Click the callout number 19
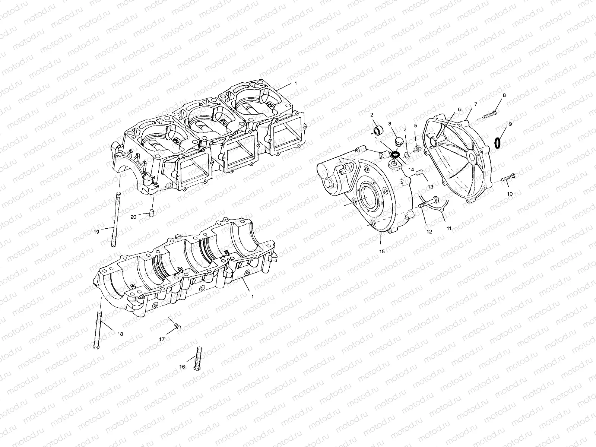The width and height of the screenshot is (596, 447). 96,232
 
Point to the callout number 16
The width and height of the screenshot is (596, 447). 182,367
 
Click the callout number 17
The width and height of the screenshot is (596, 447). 162,339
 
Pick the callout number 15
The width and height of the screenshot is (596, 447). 382,251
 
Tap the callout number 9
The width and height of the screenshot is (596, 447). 510,124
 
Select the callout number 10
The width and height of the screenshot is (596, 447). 510,194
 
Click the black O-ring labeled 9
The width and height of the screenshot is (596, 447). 498,143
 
